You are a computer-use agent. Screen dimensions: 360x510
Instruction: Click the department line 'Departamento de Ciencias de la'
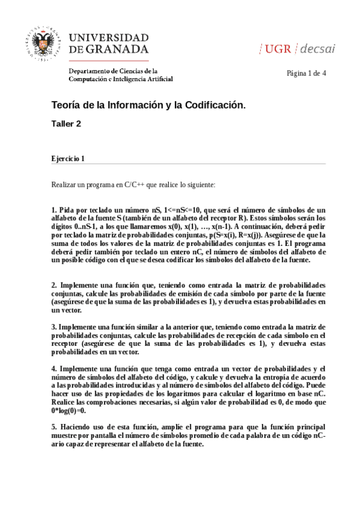113,70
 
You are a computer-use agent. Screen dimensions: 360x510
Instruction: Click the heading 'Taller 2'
66,124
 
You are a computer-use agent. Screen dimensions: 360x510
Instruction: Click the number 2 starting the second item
53,284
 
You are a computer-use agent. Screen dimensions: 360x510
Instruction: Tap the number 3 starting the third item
53,327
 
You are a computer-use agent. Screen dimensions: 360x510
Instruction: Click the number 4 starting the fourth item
53,368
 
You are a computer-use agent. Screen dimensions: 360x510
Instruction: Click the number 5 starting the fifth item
53,426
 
